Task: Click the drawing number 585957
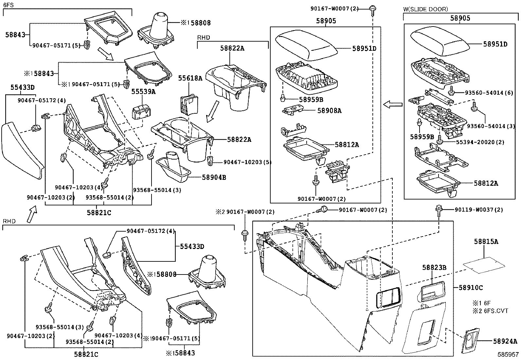point(508,354)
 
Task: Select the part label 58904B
point(214,178)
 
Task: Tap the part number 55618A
point(190,78)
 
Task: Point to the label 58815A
point(486,242)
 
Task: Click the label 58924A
point(505,341)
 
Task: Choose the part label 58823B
point(434,268)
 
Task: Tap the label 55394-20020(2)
point(480,142)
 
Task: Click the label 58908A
point(329,111)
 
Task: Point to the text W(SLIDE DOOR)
point(425,9)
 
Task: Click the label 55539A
point(143,92)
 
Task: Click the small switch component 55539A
point(141,112)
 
